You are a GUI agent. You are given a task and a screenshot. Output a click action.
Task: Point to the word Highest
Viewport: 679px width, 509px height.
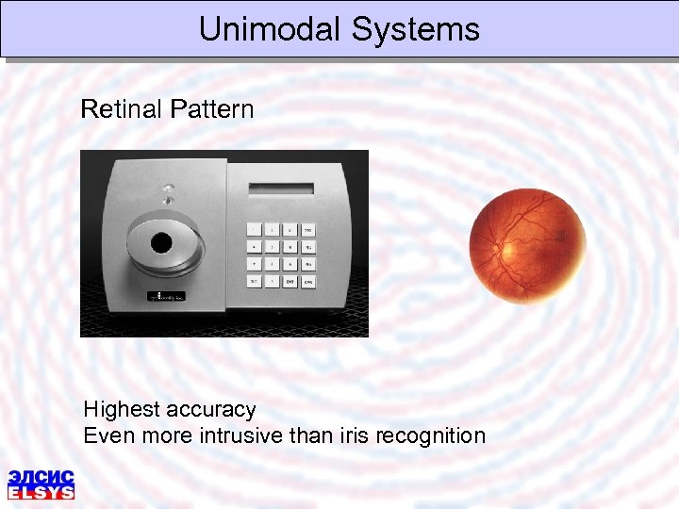pos(123,409)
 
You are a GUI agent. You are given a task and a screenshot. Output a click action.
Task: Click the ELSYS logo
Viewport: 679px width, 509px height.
pos(41,483)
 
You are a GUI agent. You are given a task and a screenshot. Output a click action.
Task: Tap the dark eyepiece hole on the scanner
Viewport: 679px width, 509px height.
pos(162,243)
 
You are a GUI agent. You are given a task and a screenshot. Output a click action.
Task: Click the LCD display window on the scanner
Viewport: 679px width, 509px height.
pos(281,188)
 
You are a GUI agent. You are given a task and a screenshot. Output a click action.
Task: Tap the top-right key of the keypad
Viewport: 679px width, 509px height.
pos(308,229)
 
